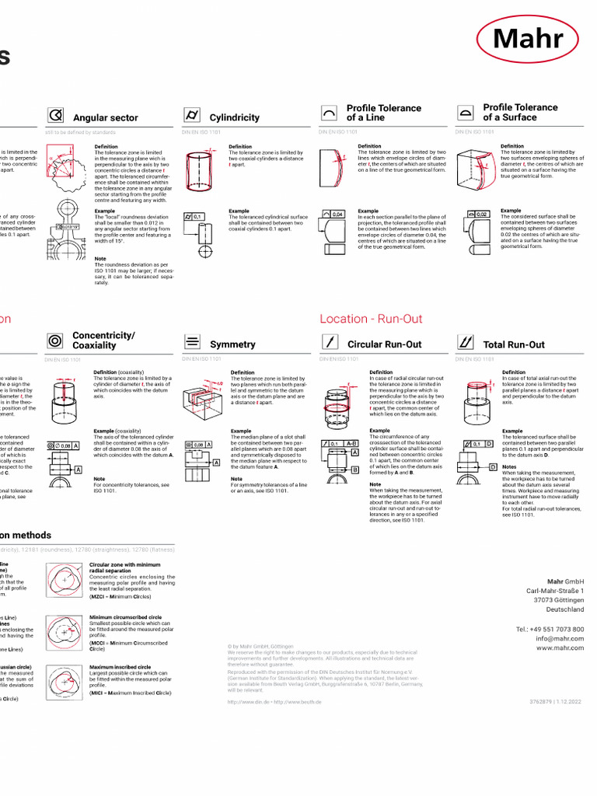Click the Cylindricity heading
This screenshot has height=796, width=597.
(234, 117)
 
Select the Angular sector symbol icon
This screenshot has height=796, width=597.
(55, 116)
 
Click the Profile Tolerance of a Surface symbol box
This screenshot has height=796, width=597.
(466, 113)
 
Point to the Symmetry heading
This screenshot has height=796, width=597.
(232, 344)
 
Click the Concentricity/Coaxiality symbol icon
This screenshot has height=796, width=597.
(55, 340)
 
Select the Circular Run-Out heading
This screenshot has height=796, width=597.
(384, 344)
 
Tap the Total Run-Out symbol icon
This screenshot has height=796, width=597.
(466, 341)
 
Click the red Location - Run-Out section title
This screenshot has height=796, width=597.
(371, 319)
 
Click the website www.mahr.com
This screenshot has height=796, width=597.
(559, 648)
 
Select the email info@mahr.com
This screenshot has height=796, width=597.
(559, 638)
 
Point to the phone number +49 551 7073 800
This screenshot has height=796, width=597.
(550, 629)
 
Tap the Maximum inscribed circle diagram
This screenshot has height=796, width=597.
(64, 681)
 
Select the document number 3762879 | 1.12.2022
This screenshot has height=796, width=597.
(556, 701)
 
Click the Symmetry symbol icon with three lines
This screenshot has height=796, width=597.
(192, 341)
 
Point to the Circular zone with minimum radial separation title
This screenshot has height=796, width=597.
(124, 567)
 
